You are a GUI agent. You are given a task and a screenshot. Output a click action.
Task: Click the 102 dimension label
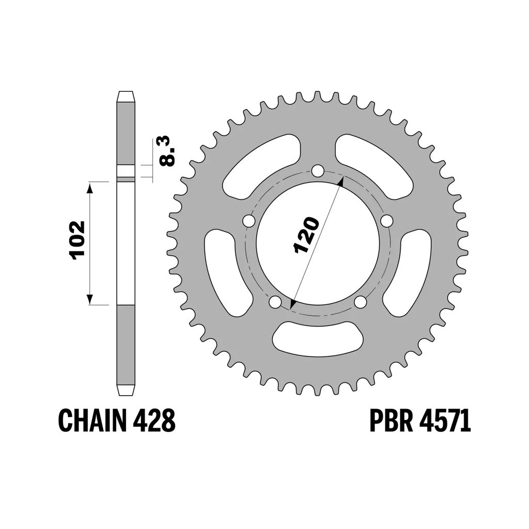pyautogui.click(x=77, y=240)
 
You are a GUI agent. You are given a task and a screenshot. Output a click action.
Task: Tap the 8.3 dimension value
pyautogui.click(x=168, y=151)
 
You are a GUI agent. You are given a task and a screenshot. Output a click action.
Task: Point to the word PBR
pyautogui.click(x=392, y=420)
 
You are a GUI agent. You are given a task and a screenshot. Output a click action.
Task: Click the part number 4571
pyautogui.click(x=445, y=420)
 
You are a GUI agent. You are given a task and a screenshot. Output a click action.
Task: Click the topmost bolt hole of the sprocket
pyautogui.click(x=317, y=170)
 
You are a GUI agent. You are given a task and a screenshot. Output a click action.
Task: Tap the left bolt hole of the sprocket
pyautogui.click(x=249, y=221)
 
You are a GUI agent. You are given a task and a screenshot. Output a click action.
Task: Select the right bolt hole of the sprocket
pyautogui.click(x=386, y=221)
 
